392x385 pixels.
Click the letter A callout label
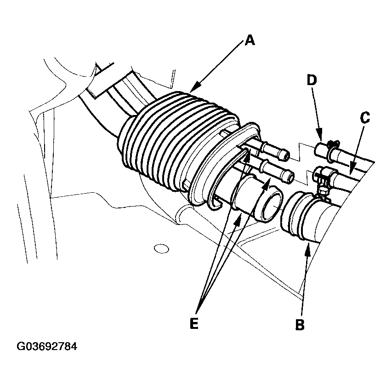pos(249,41)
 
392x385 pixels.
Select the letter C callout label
pos(364,118)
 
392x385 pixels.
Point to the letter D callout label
pos(312,80)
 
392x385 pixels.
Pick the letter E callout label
pos(193,323)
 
